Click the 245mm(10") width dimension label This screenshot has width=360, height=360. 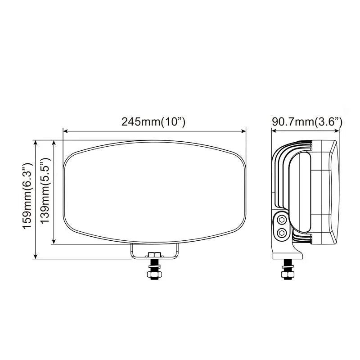[153, 122]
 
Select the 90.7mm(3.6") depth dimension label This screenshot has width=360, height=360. [307, 122]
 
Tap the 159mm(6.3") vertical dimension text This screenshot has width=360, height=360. [28, 199]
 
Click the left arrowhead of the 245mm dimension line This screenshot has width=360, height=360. [65, 131]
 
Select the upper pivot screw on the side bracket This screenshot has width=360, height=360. [282, 220]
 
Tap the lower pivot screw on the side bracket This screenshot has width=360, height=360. [282, 232]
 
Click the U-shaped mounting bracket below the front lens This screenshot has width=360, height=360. [155, 252]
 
